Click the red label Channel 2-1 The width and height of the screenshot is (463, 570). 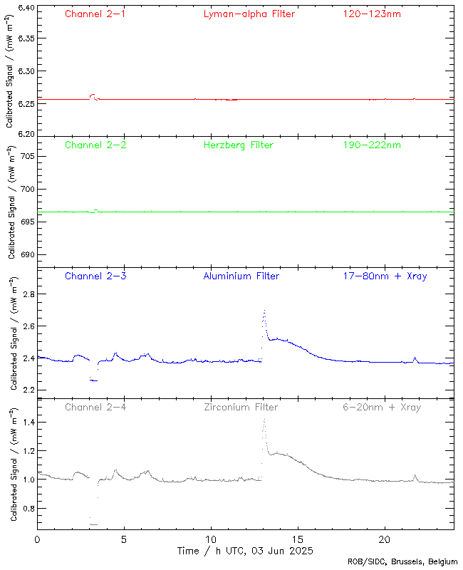(95, 14)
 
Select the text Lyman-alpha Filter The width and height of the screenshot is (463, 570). (249, 14)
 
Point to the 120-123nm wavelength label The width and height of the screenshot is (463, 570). (371, 14)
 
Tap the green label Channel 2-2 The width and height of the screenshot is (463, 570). (95, 145)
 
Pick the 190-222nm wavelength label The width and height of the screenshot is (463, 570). (371, 145)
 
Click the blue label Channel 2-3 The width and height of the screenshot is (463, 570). (95, 276)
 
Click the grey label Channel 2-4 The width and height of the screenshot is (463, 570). (95, 407)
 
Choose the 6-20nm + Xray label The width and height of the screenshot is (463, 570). (381, 407)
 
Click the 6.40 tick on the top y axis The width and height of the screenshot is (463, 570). (26, 8)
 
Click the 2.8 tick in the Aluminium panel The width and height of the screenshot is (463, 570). (29, 294)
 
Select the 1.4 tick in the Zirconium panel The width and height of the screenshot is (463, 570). (29, 422)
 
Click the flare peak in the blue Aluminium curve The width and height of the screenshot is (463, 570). (264, 311)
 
